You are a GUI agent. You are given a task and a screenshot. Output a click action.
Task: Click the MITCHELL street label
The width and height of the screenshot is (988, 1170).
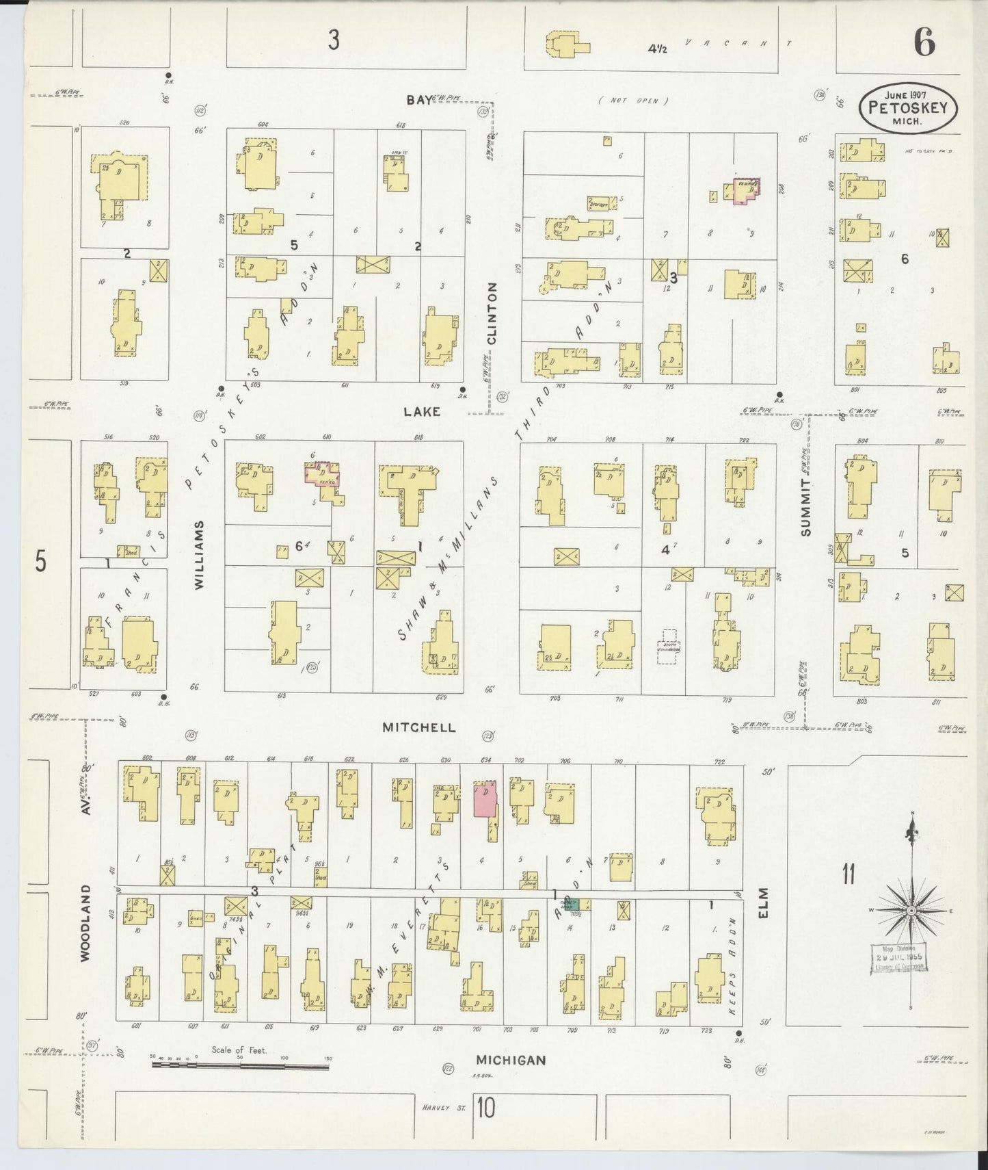418,727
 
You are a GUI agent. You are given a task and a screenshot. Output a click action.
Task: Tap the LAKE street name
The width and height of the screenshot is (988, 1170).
422,412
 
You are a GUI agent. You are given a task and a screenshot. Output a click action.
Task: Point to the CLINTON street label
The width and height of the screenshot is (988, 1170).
492,313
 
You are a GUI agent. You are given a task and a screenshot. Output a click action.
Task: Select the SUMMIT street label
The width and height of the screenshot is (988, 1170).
807,507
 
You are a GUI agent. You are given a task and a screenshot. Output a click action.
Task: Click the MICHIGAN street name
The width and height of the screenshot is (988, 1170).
511,1060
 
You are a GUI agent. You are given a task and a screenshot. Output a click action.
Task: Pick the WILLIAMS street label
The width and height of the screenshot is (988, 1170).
199,555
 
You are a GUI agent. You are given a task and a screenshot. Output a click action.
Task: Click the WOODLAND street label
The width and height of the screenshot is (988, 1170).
85,923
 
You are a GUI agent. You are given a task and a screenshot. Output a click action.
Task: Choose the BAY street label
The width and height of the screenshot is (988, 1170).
419,100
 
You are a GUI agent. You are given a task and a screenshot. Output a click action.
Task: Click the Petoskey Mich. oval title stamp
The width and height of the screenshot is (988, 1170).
908,108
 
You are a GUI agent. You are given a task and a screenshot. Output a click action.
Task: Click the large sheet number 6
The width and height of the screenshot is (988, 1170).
924,43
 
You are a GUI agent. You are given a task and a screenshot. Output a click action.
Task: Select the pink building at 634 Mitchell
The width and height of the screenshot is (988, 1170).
485,798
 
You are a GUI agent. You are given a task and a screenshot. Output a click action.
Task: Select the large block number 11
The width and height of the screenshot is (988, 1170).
849,874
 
